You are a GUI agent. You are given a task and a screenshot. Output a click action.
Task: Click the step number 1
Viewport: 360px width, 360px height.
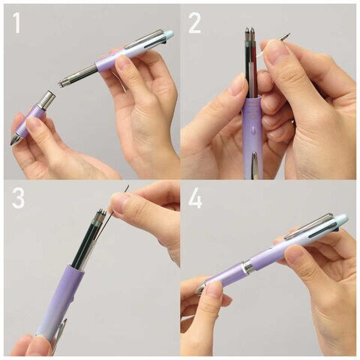click(17, 23)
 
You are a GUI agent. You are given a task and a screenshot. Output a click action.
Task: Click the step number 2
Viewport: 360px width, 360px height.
click(195, 23)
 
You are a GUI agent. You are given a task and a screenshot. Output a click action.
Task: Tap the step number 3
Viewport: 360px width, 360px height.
click(18, 199)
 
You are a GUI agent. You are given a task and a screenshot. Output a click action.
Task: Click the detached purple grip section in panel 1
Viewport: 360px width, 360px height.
click(28, 119)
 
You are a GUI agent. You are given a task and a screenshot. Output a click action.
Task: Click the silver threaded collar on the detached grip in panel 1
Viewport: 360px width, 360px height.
click(47, 100)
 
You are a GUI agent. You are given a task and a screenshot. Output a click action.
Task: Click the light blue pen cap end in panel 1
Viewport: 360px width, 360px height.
click(168, 34)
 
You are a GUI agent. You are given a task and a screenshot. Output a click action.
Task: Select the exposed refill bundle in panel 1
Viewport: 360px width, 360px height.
click(77, 74)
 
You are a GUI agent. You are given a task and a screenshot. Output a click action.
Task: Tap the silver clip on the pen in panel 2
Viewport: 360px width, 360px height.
click(254, 164)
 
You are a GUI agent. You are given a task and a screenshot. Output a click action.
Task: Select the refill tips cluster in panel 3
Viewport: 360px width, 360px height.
click(100, 215)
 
